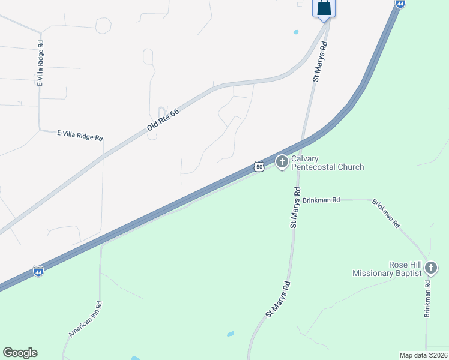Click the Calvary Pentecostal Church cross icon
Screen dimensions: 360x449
point(282,161)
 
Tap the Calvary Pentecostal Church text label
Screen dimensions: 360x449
point(327,163)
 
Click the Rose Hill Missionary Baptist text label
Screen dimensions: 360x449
point(388,268)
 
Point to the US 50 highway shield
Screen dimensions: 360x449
point(258,167)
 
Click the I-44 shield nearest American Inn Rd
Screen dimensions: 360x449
point(38,271)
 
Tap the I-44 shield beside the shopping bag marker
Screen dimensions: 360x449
point(400,3)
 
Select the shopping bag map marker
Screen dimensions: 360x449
point(324,8)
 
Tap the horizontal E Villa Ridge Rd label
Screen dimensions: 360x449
point(80,136)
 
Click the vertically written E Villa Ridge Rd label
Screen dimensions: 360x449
point(41,64)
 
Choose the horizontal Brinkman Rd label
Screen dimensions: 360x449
point(322,200)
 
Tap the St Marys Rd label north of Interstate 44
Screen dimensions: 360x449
point(321,61)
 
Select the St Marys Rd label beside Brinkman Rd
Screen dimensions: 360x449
point(295,207)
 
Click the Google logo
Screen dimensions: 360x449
point(20,353)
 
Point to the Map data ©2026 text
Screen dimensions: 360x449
point(424,355)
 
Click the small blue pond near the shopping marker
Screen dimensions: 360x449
point(295,32)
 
